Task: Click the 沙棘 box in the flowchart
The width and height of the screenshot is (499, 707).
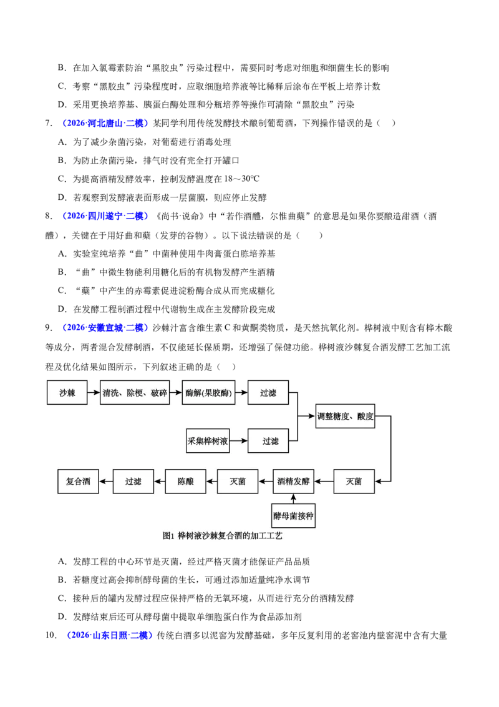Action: pyautogui.click(x=67, y=393)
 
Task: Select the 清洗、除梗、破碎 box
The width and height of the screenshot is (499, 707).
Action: pyautogui.click(x=135, y=393)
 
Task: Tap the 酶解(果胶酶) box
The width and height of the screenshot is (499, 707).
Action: pyautogui.click(x=208, y=393)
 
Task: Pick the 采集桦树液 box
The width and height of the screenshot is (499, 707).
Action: pyautogui.click(x=208, y=441)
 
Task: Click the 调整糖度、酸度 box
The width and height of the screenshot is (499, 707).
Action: pyautogui.click(x=346, y=416)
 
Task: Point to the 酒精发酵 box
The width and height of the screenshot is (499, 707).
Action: pyautogui.click(x=293, y=482)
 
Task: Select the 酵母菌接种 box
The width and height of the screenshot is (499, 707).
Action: pyautogui.click(x=293, y=516)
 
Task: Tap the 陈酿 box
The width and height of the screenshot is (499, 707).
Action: pyautogui.click(x=185, y=482)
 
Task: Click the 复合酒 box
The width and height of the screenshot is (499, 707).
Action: pyautogui.click(x=78, y=482)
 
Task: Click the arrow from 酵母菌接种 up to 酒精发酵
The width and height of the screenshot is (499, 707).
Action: pyautogui.click(x=293, y=498)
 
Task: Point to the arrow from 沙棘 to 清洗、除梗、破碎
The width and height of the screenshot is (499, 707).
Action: pyautogui.click(x=94, y=393)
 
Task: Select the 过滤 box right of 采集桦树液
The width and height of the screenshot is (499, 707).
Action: pyautogui.click(x=270, y=441)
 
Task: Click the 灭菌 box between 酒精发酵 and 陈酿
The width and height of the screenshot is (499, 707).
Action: pyautogui.click(x=238, y=482)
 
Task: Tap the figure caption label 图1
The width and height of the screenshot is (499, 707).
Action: pyautogui.click(x=168, y=536)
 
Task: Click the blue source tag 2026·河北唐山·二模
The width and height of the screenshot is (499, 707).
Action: pyautogui.click(x=105, y=123)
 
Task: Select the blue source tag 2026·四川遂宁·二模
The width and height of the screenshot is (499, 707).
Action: pyautogui.click(x=105, y=216)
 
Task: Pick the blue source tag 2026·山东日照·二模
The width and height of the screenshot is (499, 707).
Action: pyautogui.click(x=109, y=635)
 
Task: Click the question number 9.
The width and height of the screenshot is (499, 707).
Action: pyautogui.click(x=49, y=328)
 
